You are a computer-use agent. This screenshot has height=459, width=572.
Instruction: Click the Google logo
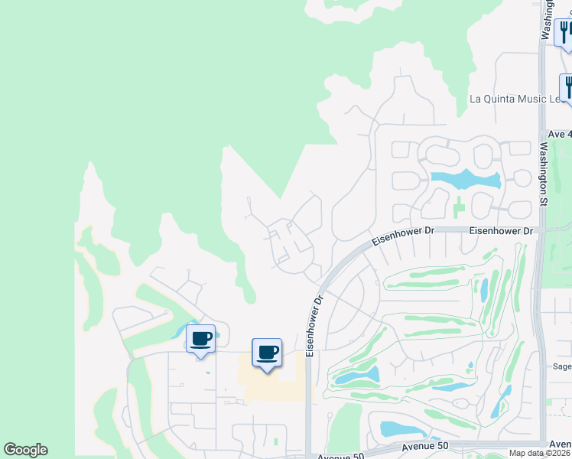[x=25, y=450]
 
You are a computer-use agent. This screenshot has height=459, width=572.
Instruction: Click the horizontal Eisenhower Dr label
[x=501, y=230]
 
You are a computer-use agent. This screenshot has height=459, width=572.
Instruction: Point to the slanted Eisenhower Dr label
[x=397, y=236]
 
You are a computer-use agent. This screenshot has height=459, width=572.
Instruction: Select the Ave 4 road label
[x=559, y=134]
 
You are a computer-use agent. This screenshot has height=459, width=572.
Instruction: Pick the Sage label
[x=562, y=366]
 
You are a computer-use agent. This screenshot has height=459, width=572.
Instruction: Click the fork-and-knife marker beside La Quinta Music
[x=567, y=86]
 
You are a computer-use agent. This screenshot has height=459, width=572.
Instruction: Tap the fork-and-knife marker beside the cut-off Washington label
[x=564, y=31]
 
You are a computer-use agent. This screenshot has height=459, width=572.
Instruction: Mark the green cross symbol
[x=458, y=207]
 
